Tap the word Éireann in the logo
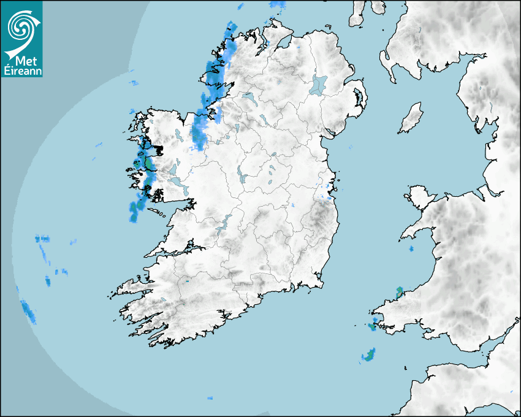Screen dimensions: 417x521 (x=21, y=71)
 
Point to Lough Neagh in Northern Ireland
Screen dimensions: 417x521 (x=319, y=84)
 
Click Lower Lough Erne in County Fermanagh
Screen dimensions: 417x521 (x=248, y=97)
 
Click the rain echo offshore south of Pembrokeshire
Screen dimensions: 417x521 (x=369, y=354)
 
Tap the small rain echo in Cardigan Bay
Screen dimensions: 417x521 (x=411, y=249)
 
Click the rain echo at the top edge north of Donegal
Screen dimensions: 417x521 (x=278, y=6)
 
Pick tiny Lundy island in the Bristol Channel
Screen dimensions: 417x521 (x=405, y=367)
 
